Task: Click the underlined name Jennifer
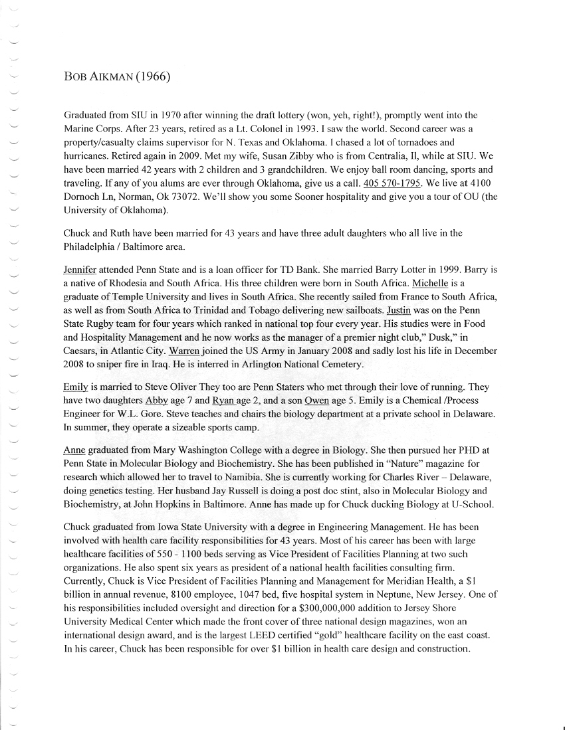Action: click(x=80, y=270)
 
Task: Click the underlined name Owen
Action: click(x=316, y=401)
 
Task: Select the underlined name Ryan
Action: click(x=223, y=401)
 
